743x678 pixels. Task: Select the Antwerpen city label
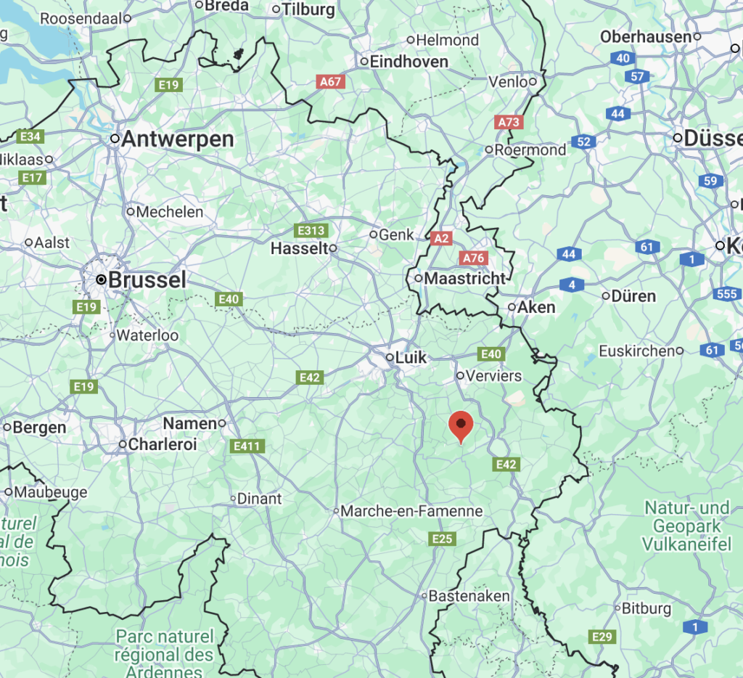(177, 139)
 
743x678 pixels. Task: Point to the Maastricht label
(464, 278)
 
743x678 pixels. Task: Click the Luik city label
(411, 357)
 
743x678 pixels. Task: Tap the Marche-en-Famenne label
(411, 511)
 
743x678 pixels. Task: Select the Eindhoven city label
(409, 62)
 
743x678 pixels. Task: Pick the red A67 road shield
(331, 82)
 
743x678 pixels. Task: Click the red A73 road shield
(509, 122)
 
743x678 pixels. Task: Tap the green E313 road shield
(312, 231)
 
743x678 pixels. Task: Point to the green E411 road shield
(247, 446)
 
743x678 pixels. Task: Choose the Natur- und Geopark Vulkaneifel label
(686, 525)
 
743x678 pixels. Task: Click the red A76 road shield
(473, 258)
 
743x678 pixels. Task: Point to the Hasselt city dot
(334, 248)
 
